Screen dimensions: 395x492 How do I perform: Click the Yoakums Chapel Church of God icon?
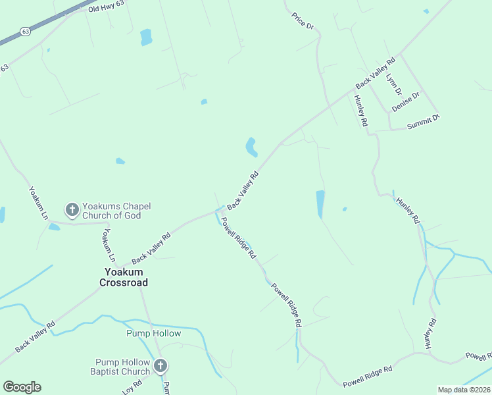[x=72, y=210]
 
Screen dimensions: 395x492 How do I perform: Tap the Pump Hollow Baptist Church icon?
[x=160, y=366]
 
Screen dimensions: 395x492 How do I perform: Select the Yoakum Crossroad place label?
[x=124, y=277]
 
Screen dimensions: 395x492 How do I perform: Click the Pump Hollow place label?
[x=153, y=333]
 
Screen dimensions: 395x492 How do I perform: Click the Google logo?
[x=22, y=387]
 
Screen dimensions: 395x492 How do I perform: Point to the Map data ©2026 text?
[x=464, y=390]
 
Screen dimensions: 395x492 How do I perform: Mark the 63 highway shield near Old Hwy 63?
[x=25, y=31]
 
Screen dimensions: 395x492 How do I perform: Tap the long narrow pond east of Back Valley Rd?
[x=320, y=204]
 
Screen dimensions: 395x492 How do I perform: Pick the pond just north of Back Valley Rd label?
[x=251, y=147]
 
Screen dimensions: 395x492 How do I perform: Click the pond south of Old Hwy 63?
[x=145, y=37]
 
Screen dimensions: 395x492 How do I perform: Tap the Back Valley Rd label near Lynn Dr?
[x=375, y=73]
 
